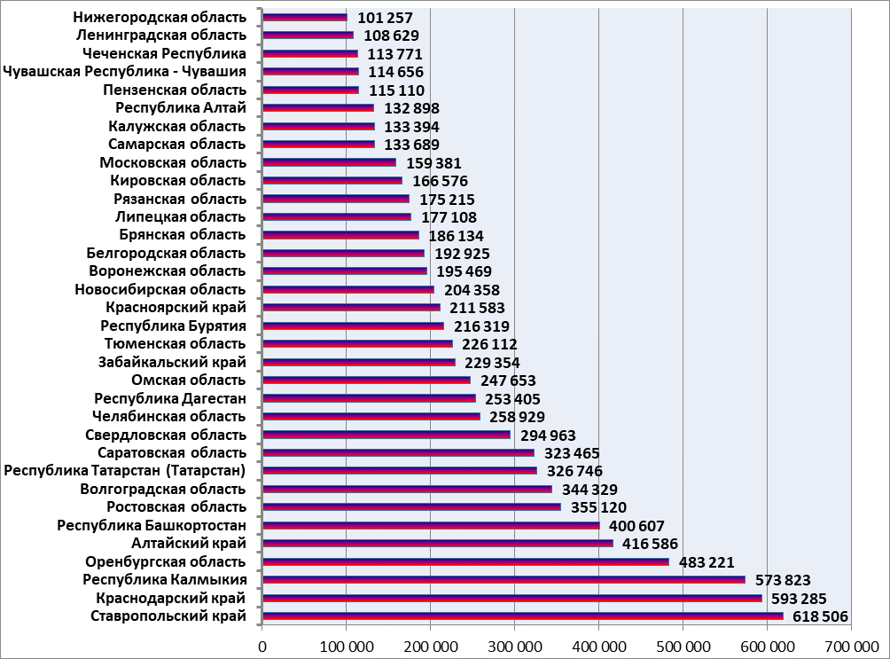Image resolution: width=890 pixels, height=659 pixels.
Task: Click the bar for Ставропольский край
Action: (x=523, y=616)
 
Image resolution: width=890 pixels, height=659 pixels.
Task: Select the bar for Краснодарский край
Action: (x=512, y=598)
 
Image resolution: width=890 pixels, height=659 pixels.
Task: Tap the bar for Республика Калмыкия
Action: (x=504, y=579)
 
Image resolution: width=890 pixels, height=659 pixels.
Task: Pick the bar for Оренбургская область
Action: (x=465, y=561)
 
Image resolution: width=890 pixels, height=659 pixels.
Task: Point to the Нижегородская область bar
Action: (x=305, y=17)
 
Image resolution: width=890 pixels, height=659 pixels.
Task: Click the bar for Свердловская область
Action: (x=386, y=435)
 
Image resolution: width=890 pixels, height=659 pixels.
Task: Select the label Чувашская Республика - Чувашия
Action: (x=125, y=72)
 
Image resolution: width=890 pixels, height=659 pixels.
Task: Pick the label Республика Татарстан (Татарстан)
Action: (x=125, y=471)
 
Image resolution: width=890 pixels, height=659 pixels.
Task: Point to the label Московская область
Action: (x=173, y=162)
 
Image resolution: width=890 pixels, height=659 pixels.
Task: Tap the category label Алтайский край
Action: (x=188, y=544)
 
